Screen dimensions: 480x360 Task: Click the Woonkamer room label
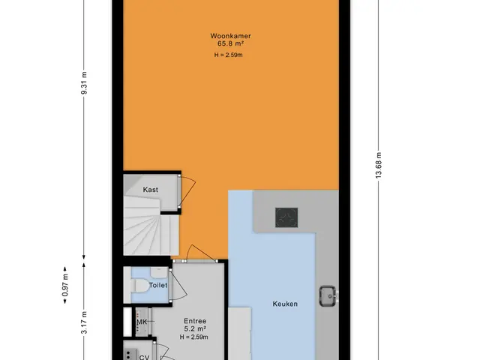(230, 36)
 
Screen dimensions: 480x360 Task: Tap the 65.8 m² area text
(230, 43)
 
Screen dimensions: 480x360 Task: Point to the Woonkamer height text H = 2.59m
(228, 55)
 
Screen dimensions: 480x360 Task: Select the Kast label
(151, 190)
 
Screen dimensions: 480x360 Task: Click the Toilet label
(158, 285)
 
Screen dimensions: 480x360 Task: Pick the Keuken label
(285, 304)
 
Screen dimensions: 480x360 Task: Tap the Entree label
(195, 321)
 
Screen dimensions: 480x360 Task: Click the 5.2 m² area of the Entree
(195, 329)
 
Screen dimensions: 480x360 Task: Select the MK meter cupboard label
(142, 322)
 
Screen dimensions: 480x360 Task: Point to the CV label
(144, 357)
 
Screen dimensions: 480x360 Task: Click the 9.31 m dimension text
(85, 83)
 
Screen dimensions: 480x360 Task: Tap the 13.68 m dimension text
(379, 165)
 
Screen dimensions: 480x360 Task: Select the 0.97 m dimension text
(65, 285)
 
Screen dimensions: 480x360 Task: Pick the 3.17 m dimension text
(85, 322)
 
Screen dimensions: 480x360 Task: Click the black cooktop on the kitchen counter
(286, 217)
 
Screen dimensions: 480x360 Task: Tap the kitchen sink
(328, 296)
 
